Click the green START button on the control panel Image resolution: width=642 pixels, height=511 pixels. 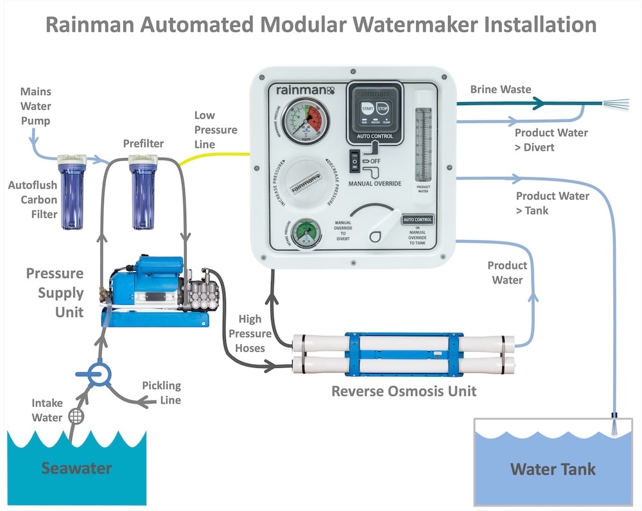click(x=368, y=109)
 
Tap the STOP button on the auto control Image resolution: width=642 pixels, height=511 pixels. click(x=383, y=109)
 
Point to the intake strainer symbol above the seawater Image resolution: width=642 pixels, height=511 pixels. click(x=76, y=415)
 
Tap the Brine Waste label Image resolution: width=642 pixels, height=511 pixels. click(x=501, y=89)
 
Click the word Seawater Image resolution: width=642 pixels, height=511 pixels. click(x=76, y=469)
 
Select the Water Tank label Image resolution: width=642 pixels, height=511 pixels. click(x=553, y=469)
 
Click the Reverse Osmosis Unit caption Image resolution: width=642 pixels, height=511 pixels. click(x=404, y=390)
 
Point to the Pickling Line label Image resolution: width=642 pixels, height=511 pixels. click(x=161, y=393)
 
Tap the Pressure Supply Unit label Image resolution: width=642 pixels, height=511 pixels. click(x=55, y=293)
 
